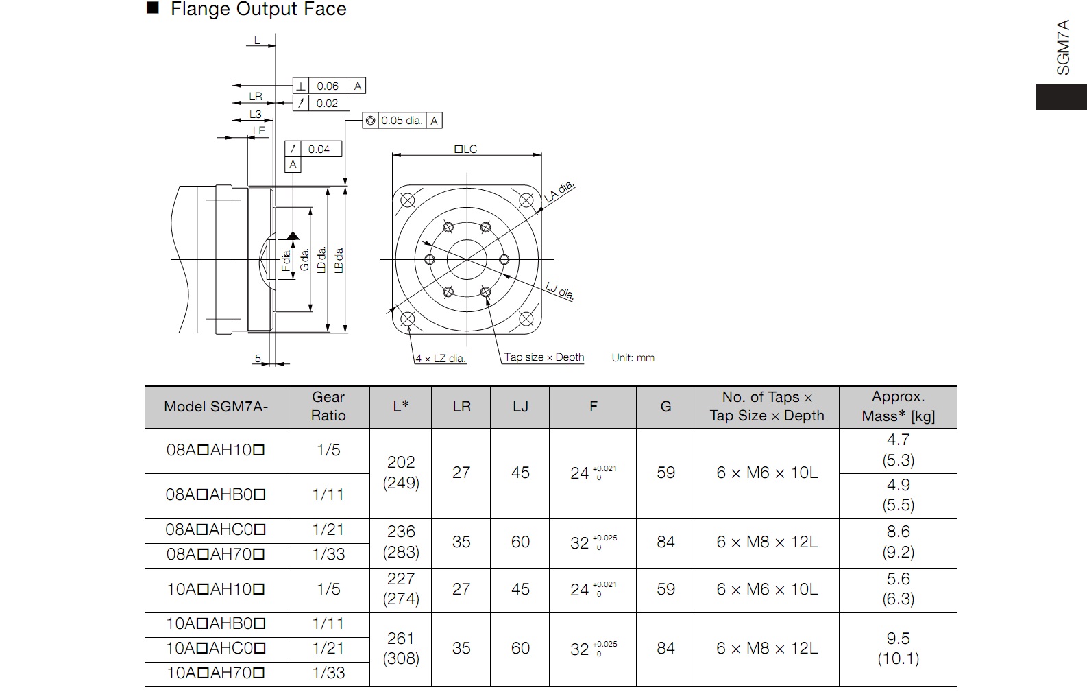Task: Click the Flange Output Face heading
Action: point(258,9)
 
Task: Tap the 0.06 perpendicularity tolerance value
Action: point(328,86)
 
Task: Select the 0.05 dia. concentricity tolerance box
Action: point(402,121)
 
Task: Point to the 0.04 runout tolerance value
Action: point(319,149)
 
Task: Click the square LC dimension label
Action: point(466,149)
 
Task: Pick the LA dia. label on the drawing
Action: point(559,192)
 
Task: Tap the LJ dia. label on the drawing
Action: point(560,290)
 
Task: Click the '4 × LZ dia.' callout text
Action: point(440,359)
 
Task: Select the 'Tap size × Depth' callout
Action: point(544,357)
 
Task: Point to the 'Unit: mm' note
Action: point(633,358)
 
